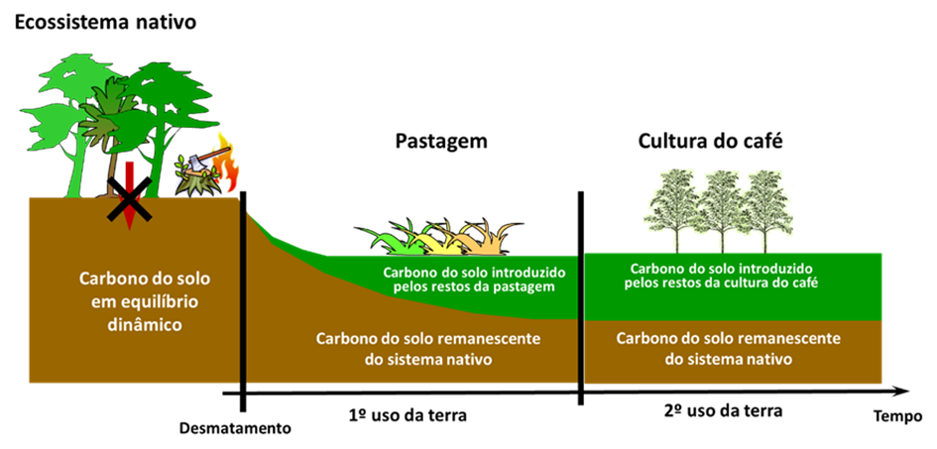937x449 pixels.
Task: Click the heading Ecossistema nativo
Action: (94, 21)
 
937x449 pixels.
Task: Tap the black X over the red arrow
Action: (127, 201)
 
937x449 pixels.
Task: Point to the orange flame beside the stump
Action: (228, 167)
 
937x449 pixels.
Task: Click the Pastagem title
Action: (441, 141)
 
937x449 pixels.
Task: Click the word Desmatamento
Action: (235, 428)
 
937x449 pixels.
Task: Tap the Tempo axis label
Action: (897, 415)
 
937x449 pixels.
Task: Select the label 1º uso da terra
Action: (408, 414)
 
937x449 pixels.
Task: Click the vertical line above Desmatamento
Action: (242, 297)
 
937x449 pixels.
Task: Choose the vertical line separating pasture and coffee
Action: (581, 297)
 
